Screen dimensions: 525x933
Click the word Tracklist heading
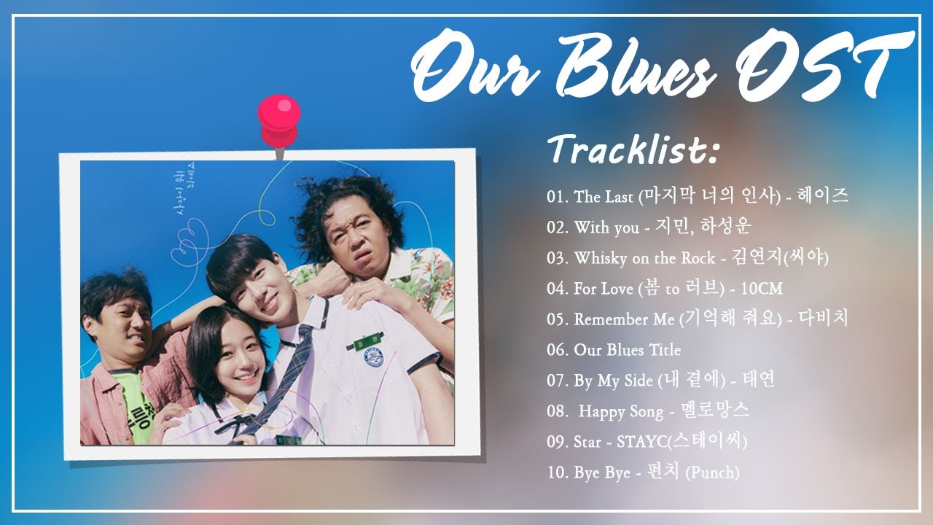pyautogui.click(x=634, y=149)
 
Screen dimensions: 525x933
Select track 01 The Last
pyautogui.click(x=698, y=196)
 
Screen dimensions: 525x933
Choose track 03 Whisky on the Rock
pyautogui.click(x=687, y=258)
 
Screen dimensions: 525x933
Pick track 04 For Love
pyautogui.click(x=664, y=289)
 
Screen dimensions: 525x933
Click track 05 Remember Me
pyautogui.click(x=698, y=319)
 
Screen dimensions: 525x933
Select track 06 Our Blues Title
pyautogui.click(x=614, y=350)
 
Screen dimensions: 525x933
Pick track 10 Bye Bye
pyautogui.click(x=643, y=472)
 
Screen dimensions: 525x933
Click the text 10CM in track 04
pyautogui.click(x=761, y=289)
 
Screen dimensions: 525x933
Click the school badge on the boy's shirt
pyautogui.click(x=373, y=362)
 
